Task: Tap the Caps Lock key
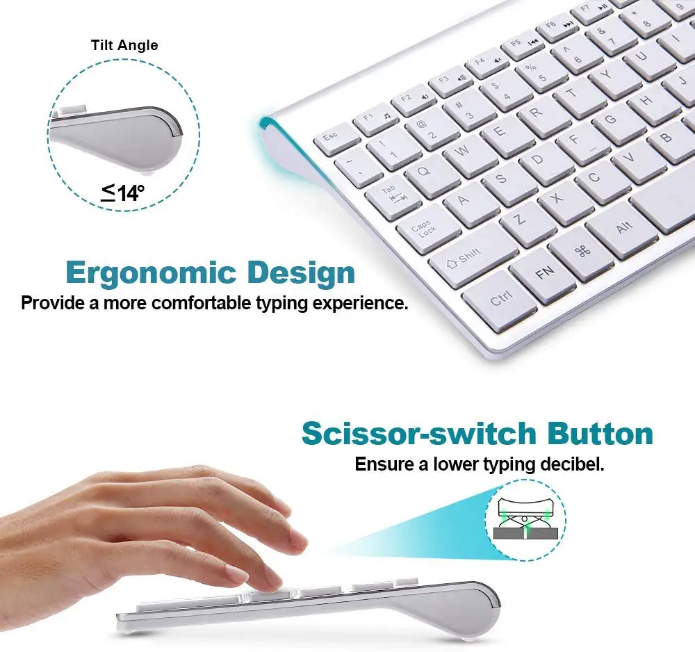pos(424,228)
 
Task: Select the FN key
pos(544,274)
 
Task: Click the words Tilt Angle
pos(124,45)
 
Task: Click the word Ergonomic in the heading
pos(151,273)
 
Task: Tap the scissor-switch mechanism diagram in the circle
pos(525,520)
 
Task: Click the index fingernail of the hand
pos(238,574)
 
